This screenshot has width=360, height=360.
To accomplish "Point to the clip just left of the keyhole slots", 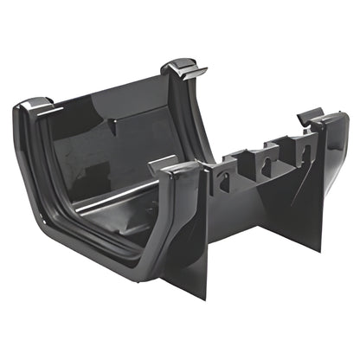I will pos(182,166).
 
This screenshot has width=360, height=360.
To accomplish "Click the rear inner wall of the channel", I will pos(121,130).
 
